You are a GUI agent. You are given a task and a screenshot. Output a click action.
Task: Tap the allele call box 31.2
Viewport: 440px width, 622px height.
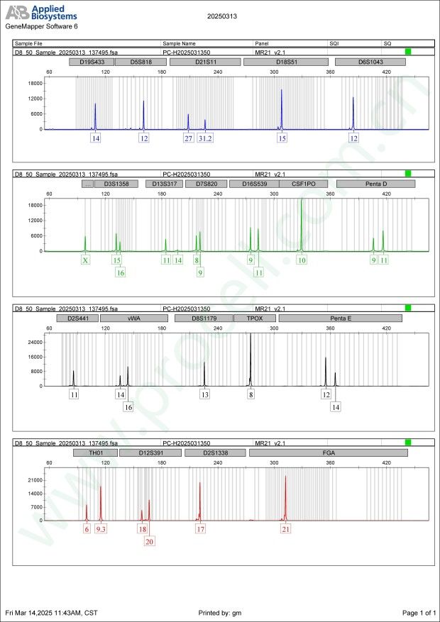point(205,138)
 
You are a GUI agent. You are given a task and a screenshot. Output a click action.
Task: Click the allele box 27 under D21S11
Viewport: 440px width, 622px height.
point(188,138)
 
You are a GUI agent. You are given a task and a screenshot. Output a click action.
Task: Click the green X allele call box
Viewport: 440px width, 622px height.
point(85,260)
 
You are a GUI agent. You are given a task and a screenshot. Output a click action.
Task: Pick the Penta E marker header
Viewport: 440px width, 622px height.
point(340,318)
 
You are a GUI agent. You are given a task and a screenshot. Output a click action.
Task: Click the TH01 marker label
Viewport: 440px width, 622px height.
point(94,452)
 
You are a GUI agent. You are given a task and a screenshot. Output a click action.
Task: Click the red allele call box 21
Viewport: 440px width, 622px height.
point(286,529)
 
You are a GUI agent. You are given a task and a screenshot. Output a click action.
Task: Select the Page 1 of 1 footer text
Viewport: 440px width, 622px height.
point(418,612)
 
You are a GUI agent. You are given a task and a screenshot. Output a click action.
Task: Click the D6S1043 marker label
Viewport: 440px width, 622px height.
point(370,62)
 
